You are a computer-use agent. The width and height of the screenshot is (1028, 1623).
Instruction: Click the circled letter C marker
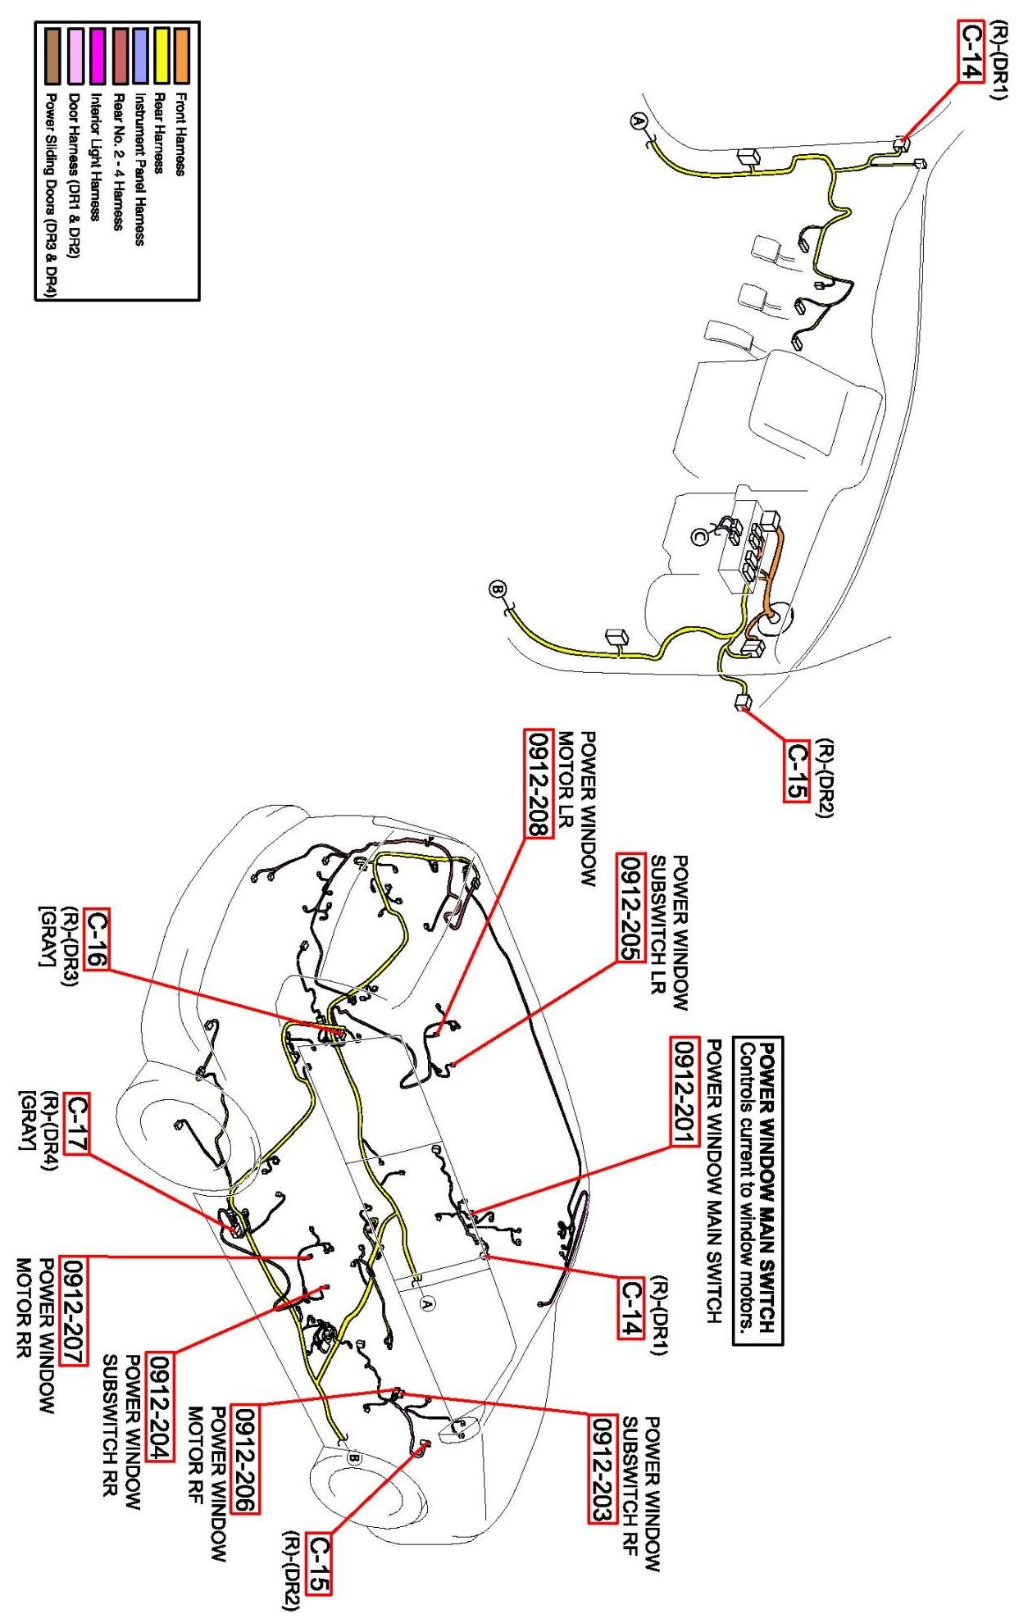tap(699, 536)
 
